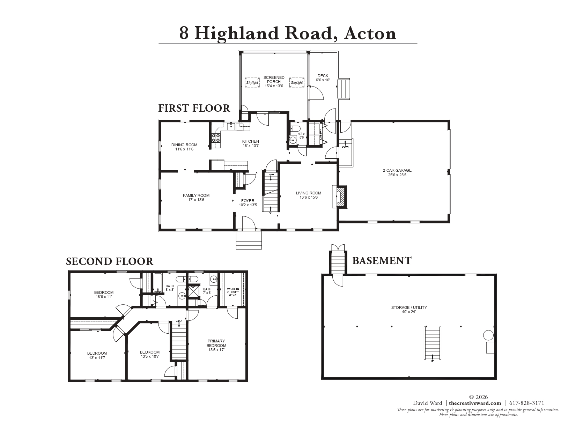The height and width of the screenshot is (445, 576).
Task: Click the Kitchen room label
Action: (250, 141)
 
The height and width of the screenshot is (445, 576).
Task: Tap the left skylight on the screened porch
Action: (252, 83)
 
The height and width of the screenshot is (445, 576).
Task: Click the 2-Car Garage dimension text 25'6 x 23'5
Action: (397, 175)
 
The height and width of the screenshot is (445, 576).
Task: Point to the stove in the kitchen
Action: (216, 138)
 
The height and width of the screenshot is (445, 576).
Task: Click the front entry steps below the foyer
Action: (249, 240)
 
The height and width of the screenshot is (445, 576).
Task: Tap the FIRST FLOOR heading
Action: (194, 108)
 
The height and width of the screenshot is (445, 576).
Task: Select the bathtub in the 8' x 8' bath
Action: (157, 283)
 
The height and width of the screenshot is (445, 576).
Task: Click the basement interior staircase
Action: (433, 343)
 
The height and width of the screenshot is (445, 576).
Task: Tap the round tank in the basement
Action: (488, 336)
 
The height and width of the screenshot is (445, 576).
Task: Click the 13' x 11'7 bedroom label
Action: (97, 355)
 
